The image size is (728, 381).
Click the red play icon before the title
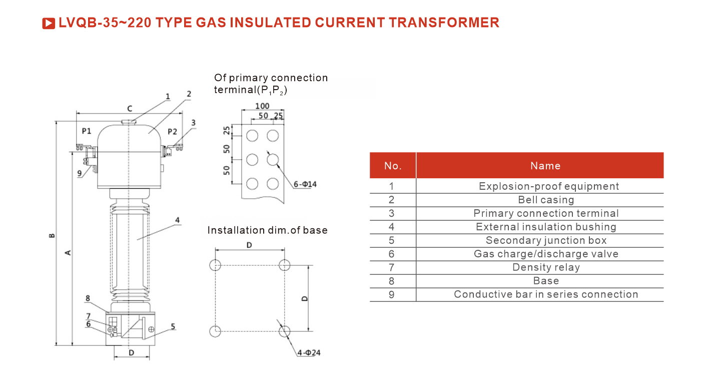49,23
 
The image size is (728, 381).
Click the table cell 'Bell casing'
546,200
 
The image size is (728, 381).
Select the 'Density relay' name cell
546,267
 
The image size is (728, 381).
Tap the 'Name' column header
545,166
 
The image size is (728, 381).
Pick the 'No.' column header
393,166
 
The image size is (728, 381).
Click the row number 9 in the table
391,294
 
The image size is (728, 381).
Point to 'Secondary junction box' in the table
546,240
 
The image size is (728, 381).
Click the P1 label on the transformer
87,131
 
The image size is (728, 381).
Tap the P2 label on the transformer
172,131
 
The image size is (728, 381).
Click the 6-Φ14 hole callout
305,184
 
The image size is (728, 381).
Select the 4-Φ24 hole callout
309,353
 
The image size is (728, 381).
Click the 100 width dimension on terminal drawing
262,106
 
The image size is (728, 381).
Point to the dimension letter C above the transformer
129,109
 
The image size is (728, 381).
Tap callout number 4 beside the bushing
178,220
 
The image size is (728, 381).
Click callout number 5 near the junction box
173,326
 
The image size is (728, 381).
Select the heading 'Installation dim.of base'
267,230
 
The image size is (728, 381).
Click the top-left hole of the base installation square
215,265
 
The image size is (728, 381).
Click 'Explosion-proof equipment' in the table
548,186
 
